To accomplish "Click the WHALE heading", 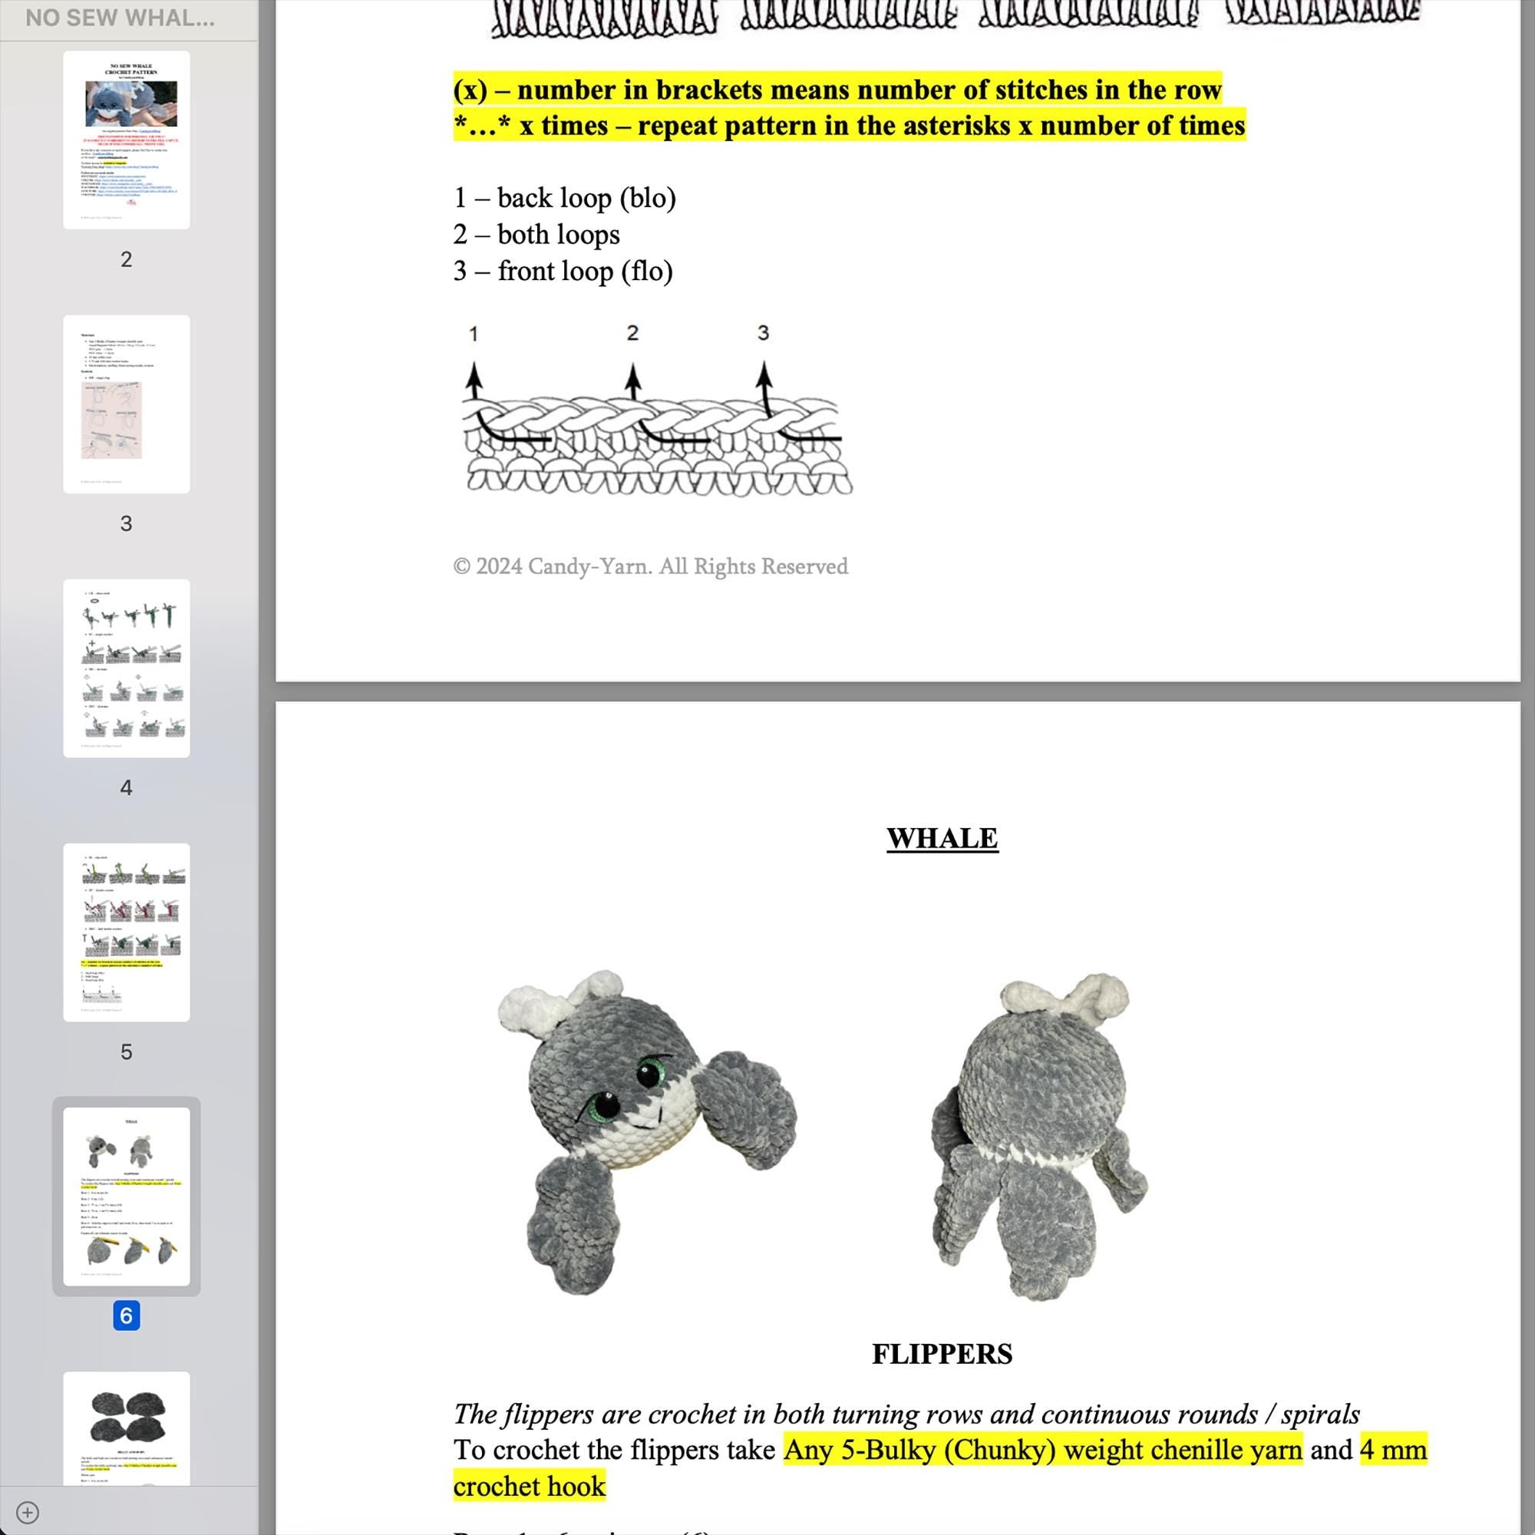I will coord(942,838).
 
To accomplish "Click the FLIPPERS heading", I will coord(942,1354).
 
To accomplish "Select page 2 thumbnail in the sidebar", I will coord(127,140).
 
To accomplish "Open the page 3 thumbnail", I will coord(127,404).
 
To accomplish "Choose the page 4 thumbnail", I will coord(127,668).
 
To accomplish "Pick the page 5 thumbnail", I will coord(127,932).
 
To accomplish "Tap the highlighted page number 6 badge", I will coord(127,1315).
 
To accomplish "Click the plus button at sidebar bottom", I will coord(28,1513).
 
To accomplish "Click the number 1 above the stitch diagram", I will coord(474,334).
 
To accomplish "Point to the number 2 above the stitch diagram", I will coord(632,333).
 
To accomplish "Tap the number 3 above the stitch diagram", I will coord(763,333).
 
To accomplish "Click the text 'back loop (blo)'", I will coord(586,198).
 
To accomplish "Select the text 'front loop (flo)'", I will coord(585,271).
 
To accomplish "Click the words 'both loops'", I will coord(558,234).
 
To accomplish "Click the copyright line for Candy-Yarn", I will coord(650,566).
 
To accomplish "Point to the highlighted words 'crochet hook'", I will coord(529,1486).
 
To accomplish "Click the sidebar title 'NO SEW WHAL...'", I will coord(120,18).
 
